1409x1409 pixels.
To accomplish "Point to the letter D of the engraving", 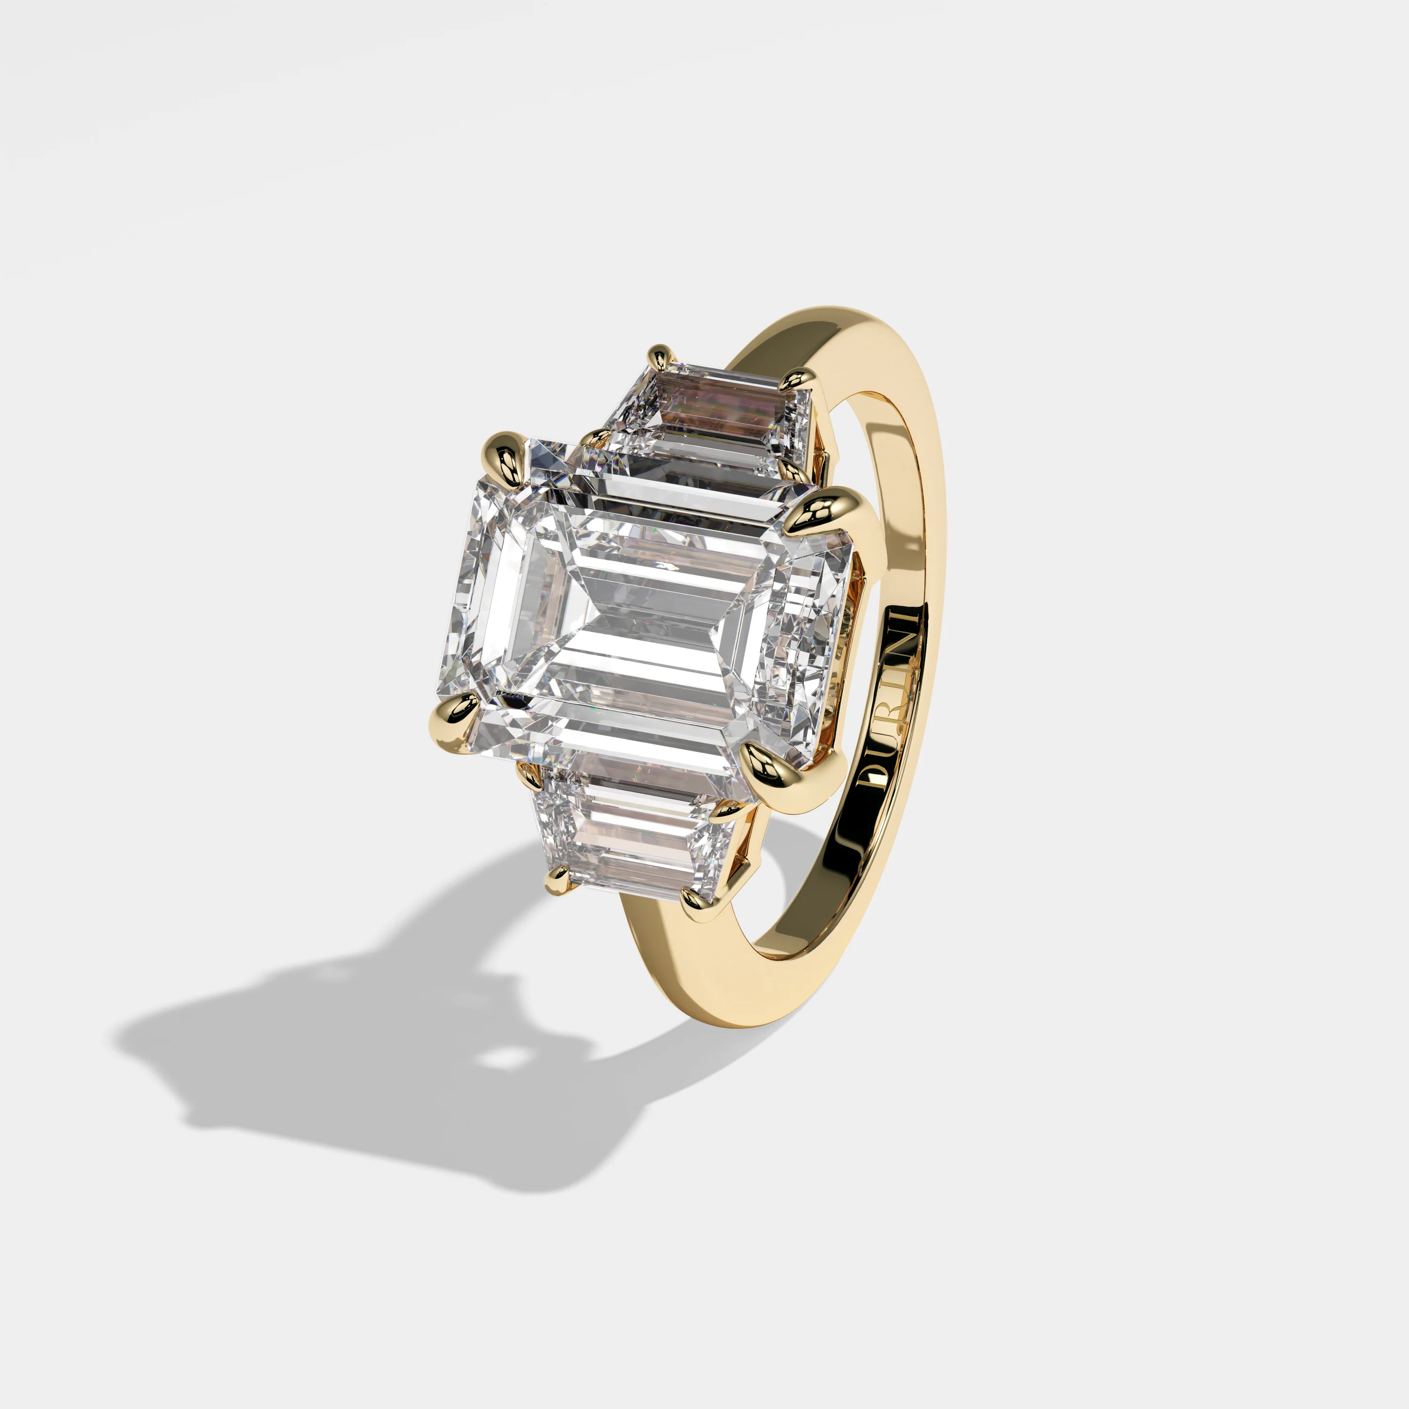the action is [872, 773].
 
